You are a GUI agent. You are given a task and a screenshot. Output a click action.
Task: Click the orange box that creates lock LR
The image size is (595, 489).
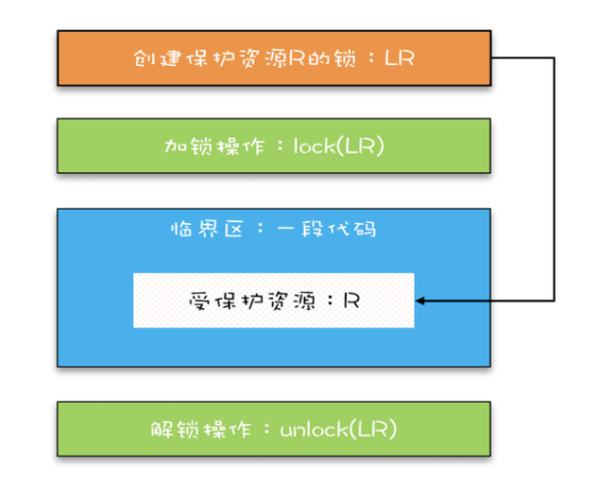click(274, 58)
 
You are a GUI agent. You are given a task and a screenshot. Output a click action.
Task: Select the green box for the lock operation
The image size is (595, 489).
click(274, 145)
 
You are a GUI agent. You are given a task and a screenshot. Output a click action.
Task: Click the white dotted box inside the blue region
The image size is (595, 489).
click(273, 300)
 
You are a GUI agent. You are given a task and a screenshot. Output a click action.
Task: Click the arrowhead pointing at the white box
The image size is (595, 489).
click(421, 300)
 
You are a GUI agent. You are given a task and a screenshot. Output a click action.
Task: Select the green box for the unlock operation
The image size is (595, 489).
click(274, 428)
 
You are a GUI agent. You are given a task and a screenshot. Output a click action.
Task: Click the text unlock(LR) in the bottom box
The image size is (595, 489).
click(338, 429)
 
